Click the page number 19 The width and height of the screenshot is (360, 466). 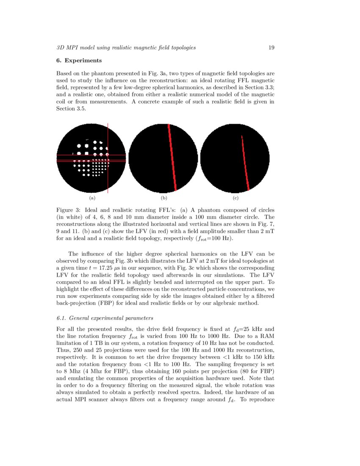(x=271, y=47)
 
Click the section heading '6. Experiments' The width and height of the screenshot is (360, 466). (x=79, y=61)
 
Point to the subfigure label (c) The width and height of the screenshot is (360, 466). (x=235, y=198)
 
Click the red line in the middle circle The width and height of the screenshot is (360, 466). (x=172, y=157)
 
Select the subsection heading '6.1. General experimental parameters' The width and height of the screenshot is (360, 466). (x=105, y=318)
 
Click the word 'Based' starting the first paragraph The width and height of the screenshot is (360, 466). (x=64, y=73)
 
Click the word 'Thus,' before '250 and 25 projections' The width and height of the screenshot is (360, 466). (x=63, y=350)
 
